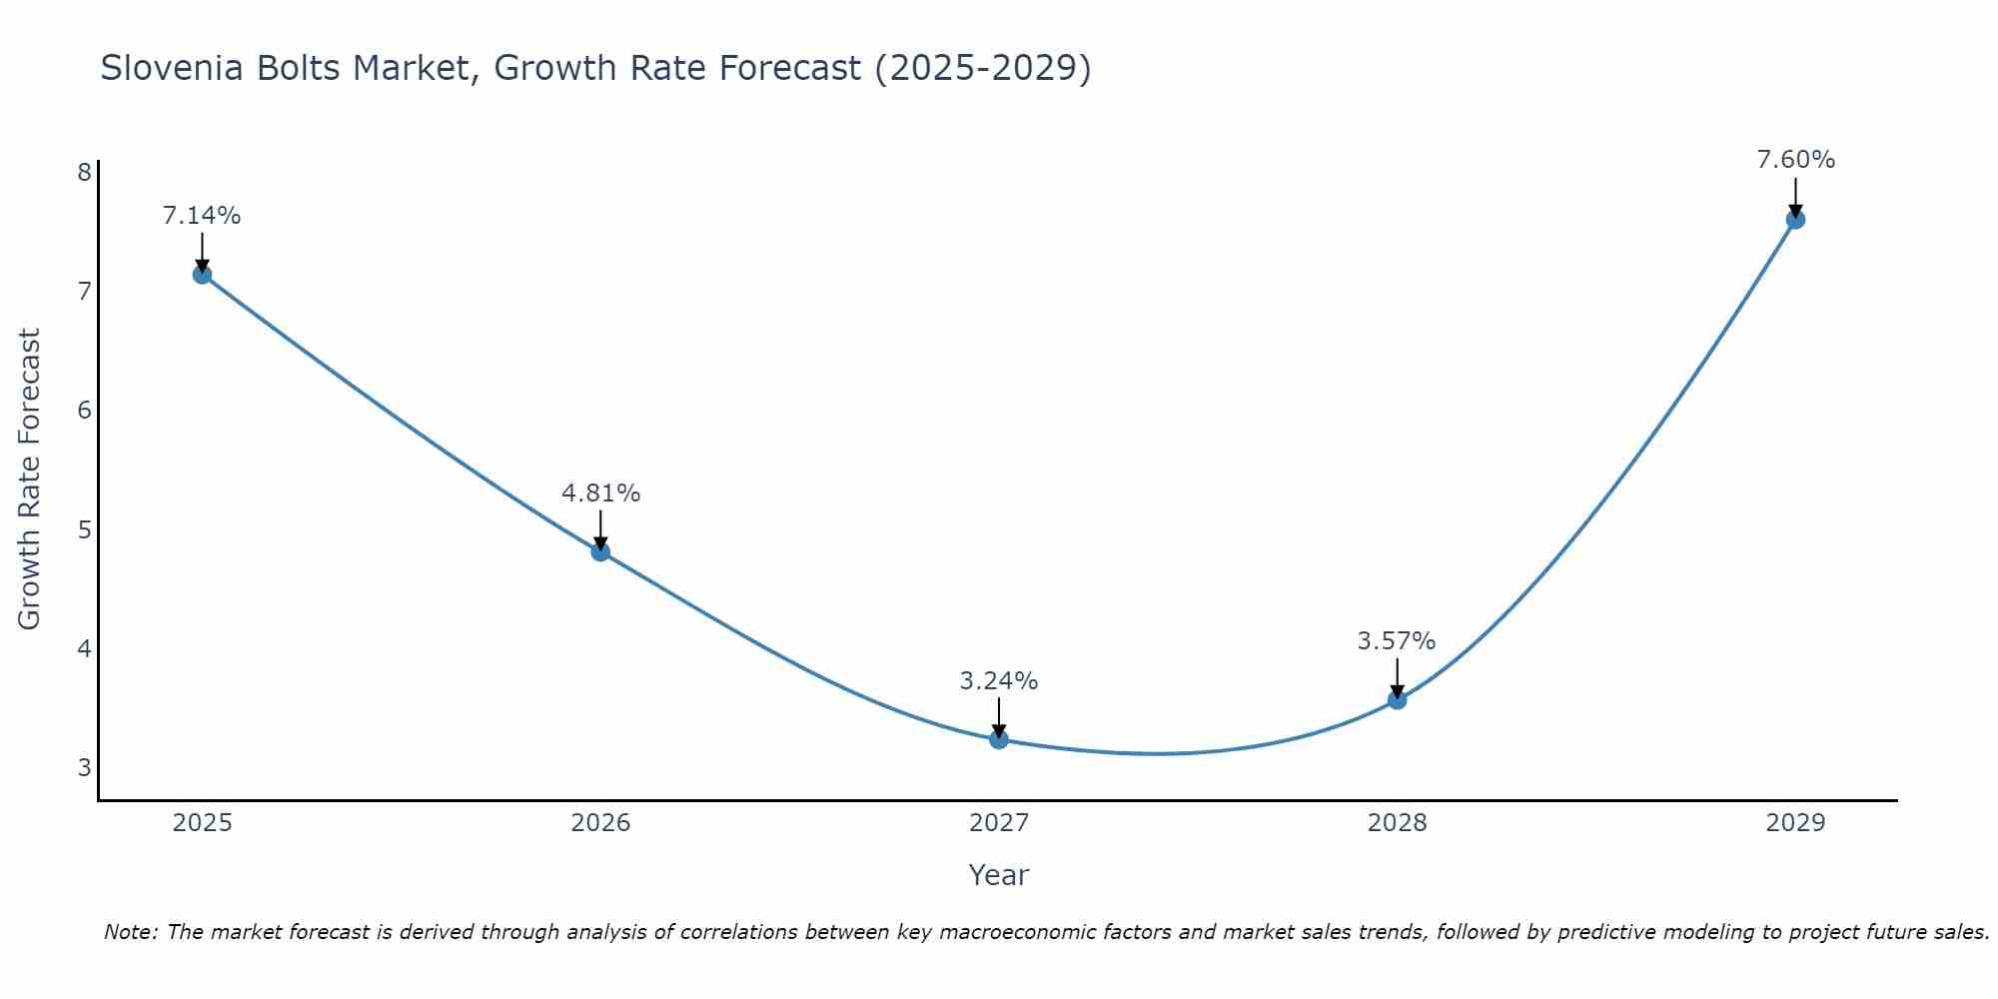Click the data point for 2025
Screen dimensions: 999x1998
202,275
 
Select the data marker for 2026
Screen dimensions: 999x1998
600,551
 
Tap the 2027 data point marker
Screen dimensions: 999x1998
999,739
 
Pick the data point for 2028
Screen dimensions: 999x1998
1397,700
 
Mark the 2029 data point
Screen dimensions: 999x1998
1795,220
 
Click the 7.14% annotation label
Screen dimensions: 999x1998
202,216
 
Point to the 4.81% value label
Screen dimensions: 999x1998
600,494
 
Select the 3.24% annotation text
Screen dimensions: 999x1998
999,681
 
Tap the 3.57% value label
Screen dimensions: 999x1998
1397,641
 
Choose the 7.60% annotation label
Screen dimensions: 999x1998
1795,160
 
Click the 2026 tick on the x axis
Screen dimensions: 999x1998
600,823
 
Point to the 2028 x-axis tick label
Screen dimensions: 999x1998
1397,823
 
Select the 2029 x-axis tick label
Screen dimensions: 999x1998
1795,823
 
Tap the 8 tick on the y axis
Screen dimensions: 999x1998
84,172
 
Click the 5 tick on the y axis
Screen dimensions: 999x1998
84,529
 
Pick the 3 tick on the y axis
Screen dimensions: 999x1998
84,768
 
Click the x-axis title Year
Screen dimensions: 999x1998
998,875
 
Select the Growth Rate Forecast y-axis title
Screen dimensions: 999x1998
30,480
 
